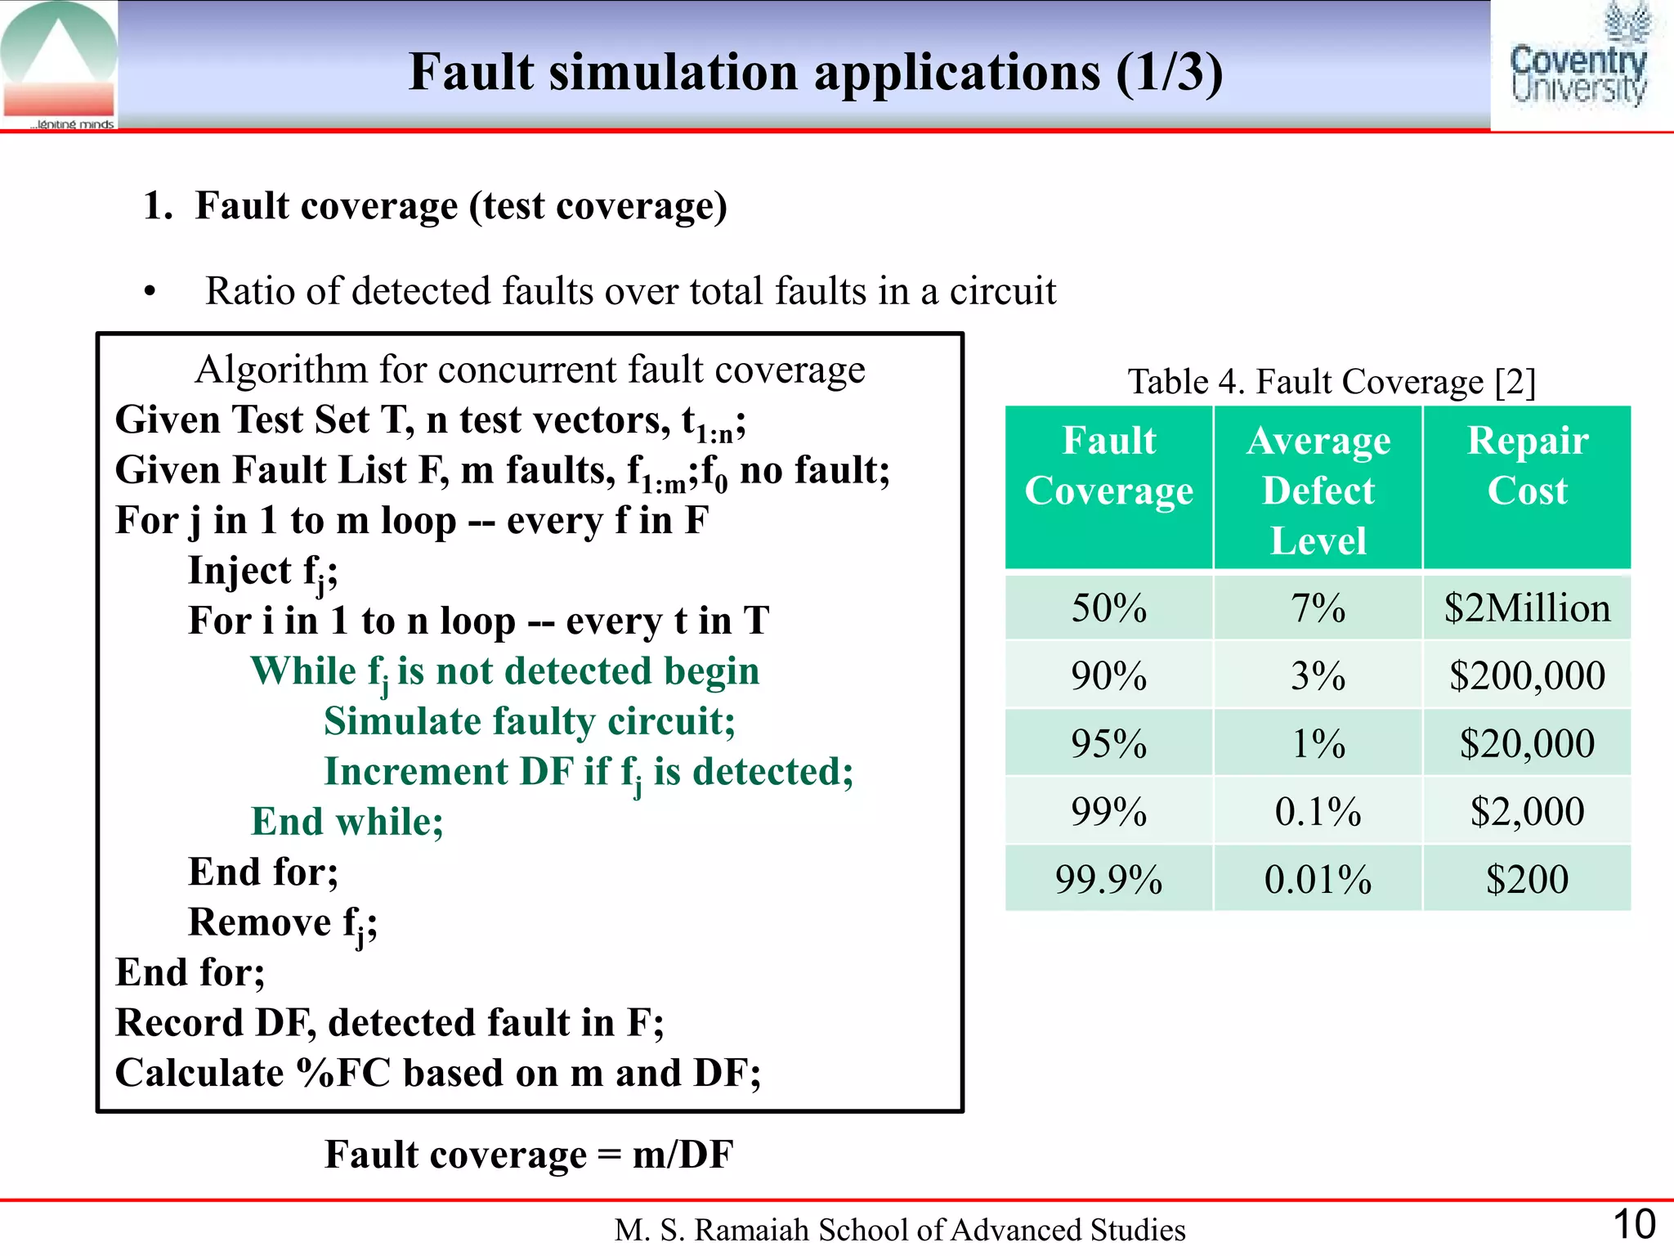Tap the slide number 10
[x=1634, y=1225]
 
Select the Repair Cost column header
[x=1527, y=466]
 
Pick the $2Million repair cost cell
[x=1527, y=608]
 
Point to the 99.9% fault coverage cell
[x=1108, y=880]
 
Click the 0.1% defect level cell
[x=1318, y=812]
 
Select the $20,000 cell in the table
[x=1527, y=744]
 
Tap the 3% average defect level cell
[x=1318, y=676]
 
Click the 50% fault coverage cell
[x=1108, y=608]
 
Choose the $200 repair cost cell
[x=1527, y=880]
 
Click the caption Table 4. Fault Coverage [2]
[x=1332, y=382]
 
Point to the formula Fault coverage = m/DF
[x=529, y=1155]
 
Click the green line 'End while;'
[x=347, y=822]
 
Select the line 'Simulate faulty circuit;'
[x=529, y=722]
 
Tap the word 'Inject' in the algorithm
[x=239, y=571]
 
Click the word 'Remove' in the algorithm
[x=259, y=922]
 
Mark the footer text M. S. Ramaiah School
[x=899, y=1230]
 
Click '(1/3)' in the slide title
[x=1169, y=72]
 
